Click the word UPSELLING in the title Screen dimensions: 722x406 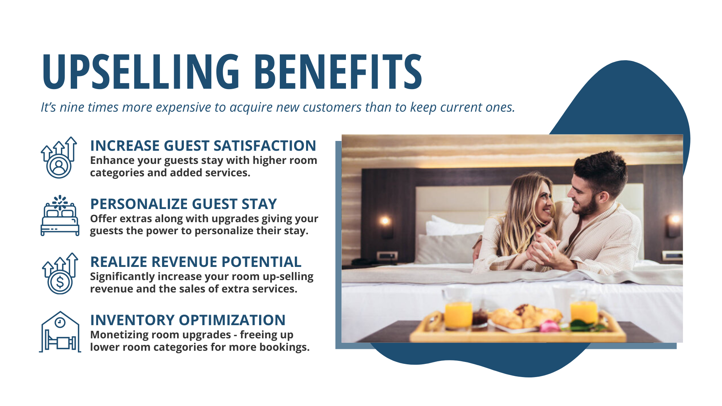click(141, 71)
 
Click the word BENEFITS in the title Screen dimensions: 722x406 click(338, 71)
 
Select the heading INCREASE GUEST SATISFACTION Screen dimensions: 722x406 click(203, 146)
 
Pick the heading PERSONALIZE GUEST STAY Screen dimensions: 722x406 click(184, 204)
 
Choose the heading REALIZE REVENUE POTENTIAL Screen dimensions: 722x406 click(196, 262)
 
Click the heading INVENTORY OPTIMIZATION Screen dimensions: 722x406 click(188, 320)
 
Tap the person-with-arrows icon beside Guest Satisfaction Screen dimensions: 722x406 click(59, 158)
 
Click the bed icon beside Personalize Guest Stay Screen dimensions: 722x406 click(60, 216)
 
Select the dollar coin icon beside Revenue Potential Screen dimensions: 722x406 click(60, 274)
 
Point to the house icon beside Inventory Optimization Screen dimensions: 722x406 click(60, 332)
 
